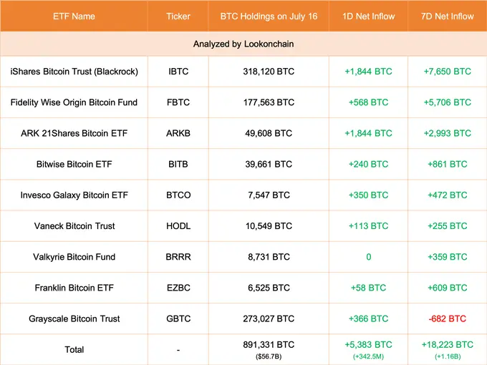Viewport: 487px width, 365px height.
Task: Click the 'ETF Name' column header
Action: tap(74, 16)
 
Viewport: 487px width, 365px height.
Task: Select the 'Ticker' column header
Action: tap(178, 16)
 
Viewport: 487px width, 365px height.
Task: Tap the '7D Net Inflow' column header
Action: tap(447, 16)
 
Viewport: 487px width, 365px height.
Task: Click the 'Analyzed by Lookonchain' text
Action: tap(243, 44)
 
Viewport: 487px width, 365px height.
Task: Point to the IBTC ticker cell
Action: tap(178, 72)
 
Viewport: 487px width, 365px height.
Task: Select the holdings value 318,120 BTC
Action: tap(269, 72)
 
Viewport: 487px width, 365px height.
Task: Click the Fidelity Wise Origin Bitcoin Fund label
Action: tap(74, 102)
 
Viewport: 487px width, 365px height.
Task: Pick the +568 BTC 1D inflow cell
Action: tap(368, 102)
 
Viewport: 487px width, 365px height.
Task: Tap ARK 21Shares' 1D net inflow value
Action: tap(368, 133)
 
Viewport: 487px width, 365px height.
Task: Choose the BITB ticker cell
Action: tap(178, 164)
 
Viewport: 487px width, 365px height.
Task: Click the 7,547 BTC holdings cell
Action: tap(269, 195)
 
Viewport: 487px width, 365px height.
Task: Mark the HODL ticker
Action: tap(178, 225)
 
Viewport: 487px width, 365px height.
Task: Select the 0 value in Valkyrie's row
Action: tap(368, 256)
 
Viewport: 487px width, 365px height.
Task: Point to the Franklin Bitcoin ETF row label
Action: tap(74, 288)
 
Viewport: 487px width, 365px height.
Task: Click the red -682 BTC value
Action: tap(447, 318)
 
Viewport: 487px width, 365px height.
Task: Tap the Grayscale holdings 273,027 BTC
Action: tap(269, 318)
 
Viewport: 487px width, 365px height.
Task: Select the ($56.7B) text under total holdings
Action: tap(269, 356)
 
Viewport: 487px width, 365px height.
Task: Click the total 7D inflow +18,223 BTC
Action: tap(447, 344)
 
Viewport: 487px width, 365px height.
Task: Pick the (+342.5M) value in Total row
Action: tap(368, 356)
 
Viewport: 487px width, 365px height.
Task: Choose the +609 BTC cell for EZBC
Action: tap(447, 288)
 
